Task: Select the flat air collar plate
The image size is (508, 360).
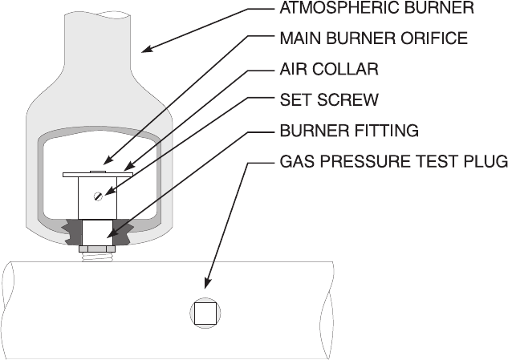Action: click(x=98, y=174)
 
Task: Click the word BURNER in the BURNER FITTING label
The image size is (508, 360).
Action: click(x=310, y=129)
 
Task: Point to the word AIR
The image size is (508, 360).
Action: click(x=291, y=69)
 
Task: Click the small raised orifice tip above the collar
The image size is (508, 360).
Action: click(x=98, y=170)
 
